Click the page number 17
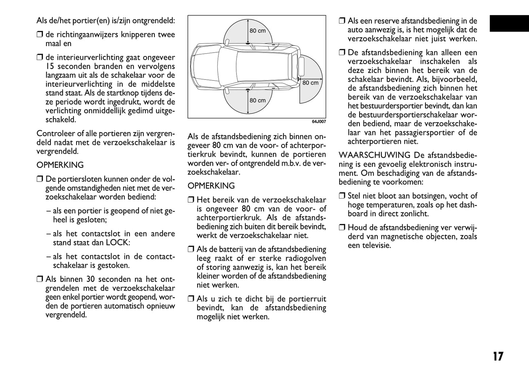498,357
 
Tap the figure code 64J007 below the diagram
318,122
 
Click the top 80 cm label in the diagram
257,31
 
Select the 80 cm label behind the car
310,83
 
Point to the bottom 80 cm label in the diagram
257,100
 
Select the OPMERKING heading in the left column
60,165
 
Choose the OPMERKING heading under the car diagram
211,186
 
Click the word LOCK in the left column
118,242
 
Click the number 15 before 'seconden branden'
50,67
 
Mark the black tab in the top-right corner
509,24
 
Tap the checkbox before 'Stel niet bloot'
342,196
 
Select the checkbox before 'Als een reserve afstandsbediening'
342,21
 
